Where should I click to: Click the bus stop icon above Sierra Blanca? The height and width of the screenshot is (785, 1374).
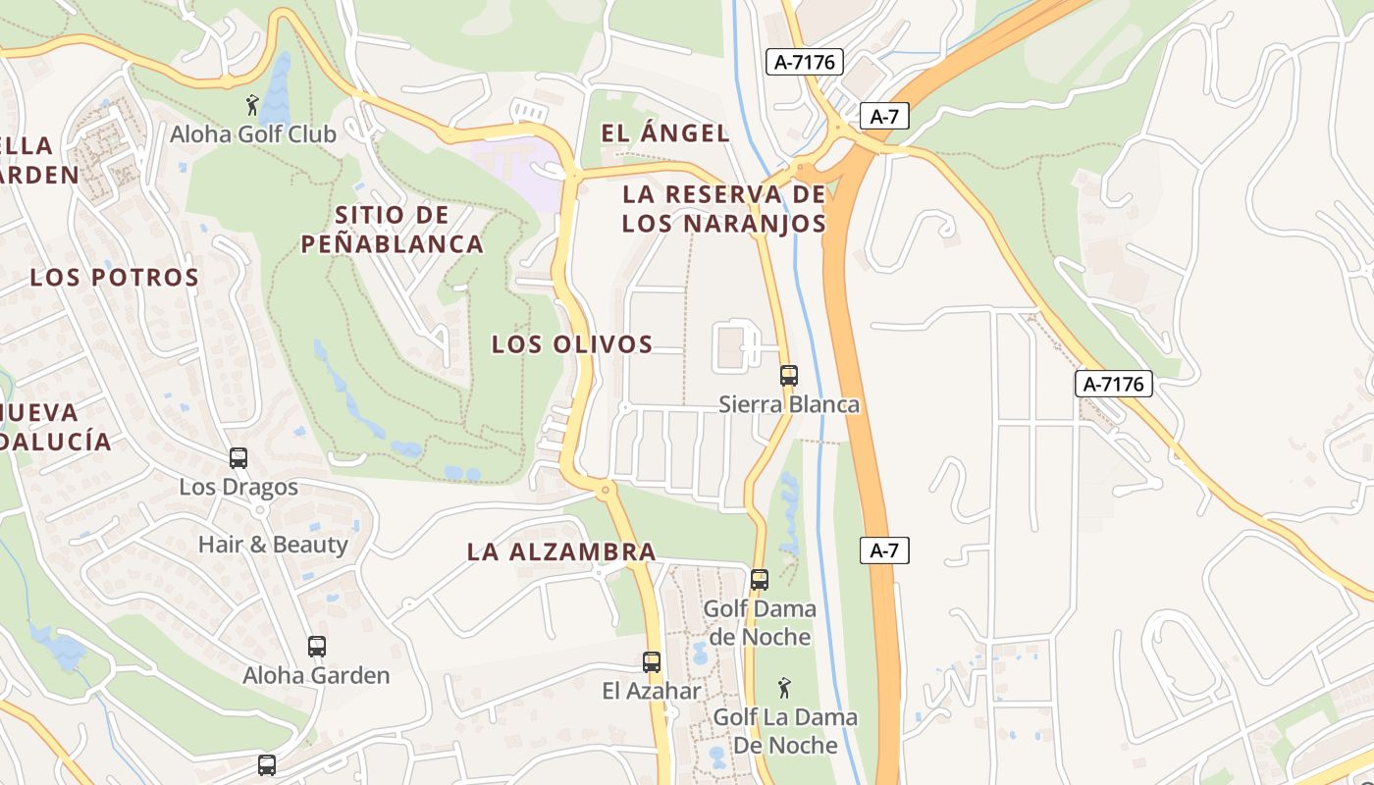pyautogui.click(x=789, y=375)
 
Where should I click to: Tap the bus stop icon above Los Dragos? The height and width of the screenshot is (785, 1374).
pyautogui.click(x=238, y=457)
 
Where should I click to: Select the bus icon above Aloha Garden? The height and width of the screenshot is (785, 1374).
pyautogui.click(x=316, y=647)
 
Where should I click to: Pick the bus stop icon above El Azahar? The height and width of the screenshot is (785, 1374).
pyautogui.click(x=652, y=662)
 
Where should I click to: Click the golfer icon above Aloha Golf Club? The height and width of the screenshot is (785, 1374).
pyautogui.click(x=252, y=105)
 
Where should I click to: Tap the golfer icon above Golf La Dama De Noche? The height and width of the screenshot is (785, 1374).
pyautogui.click(x=784, y=688)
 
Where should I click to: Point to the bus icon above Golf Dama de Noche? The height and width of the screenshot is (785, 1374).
pyautogui.click(x=760, y=580)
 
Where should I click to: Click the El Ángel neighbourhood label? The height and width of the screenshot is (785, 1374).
pyautogui.click(x=665, y=133)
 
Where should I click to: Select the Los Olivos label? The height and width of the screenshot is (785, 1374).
pyautogui.click(x=572, y=344)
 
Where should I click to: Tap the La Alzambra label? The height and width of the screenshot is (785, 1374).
pyautogui.click(x=561, y=551)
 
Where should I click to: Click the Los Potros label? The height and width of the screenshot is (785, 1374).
pyautogui.click(x=115, y=277)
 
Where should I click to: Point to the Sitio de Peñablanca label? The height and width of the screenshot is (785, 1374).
pyautogui.click(x=393, y=230)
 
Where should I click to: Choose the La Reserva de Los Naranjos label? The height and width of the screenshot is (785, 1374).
pyautogui.click(x=724, y=209)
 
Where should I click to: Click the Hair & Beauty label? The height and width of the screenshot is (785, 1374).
pyautogui.click(x=273, y=545)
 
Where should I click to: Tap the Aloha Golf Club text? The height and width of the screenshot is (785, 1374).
pyautogui.click(x=253, y=134)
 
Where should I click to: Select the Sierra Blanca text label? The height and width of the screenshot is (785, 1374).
pyautogui.click(x=789, y=404)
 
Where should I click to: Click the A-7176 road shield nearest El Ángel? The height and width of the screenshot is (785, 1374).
pyautogui.click(x=804, y=62)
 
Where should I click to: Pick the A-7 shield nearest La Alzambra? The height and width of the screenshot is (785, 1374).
pyautogui.click(x=883, y=550)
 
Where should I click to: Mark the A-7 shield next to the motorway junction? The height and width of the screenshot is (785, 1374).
pyautogui.click(x=883, y=117)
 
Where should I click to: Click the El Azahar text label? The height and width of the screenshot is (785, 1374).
pyautogui.click(x=652, y=691)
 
